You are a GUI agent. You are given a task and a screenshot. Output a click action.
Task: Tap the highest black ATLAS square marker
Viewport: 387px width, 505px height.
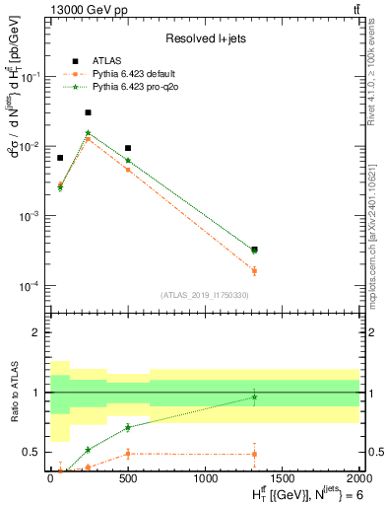(x=89, y=112)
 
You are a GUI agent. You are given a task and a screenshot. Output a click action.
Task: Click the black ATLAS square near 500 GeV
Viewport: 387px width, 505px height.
(x=128, y=148)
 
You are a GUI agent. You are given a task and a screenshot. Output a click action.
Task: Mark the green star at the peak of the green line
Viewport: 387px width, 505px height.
(x=89, y=132)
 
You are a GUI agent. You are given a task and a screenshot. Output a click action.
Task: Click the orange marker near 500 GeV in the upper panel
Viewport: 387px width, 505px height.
(x=128, y=170)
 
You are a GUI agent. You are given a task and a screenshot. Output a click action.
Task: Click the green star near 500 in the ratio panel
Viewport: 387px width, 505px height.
(x=128, y=427)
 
